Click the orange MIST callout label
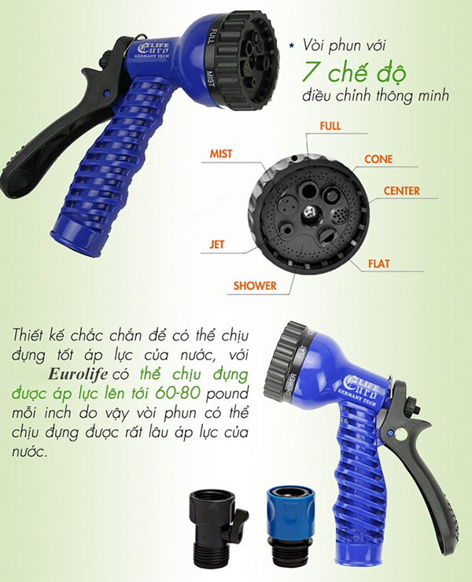click(220, 153)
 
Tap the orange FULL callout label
click(330, 126)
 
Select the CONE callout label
click(378, 159)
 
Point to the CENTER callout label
click(402, 191)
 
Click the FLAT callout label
click(379, 264)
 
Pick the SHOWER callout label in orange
click(255, 285)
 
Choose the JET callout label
click(217, 245)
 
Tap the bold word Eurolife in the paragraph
click(78, 374)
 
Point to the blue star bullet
click(292, 46)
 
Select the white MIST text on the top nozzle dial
click(210, 79)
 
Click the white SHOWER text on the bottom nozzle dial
click(291, 384)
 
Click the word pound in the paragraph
click(227, 394)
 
